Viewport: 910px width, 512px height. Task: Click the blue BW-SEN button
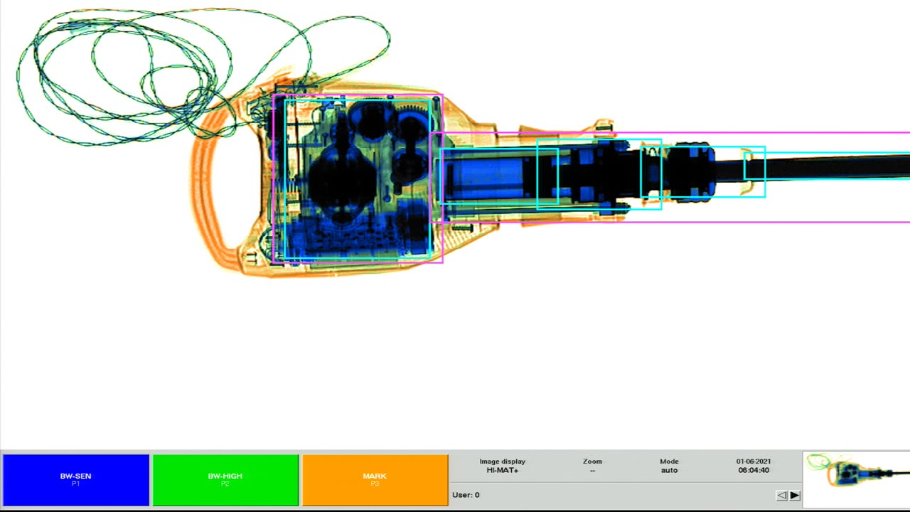coord(75,479)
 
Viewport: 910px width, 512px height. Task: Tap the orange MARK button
coord(375,479)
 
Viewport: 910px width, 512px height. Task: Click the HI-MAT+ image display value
coord(502,471)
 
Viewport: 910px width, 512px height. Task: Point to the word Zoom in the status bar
coord(592,462)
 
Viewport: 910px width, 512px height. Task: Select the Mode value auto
coord(669,471)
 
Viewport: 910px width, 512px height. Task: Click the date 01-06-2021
coord(754,462)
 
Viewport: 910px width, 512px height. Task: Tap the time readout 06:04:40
coord(754,471)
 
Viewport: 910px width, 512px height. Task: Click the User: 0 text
coord(466,495)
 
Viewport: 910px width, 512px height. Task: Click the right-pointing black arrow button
coord(795,495)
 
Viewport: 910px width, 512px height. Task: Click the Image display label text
coord(502,462)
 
